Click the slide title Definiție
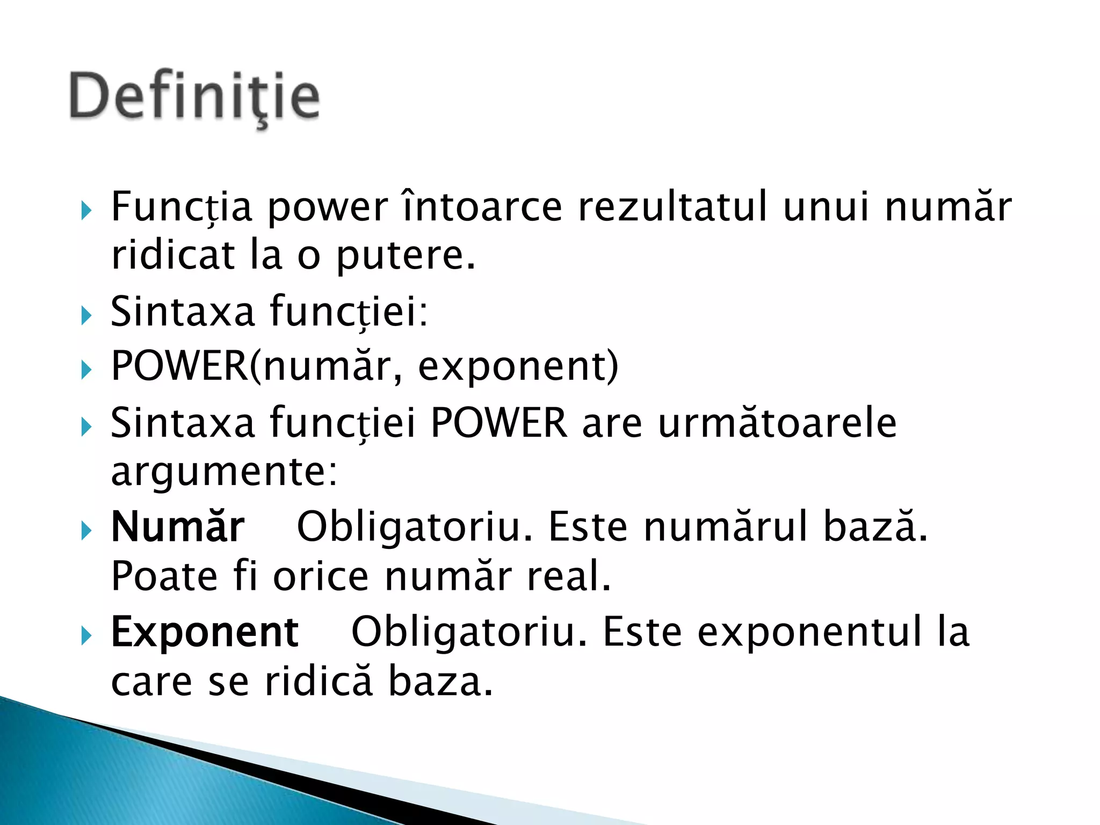click(x=194, y=97)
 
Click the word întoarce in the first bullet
click(x=482, y=207)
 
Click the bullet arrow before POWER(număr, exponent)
click(x=86, y=370)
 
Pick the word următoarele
click(x=777, y=423)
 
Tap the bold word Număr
click(x=178, y=527)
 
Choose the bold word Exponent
click(x=205, y=632)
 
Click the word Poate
click(x=164, y=576)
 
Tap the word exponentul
click(x=809, y=632)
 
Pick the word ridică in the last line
click(x=318, y=682)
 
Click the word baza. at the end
click(x=440, y=682)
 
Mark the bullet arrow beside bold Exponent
click(x=86, y=636)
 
